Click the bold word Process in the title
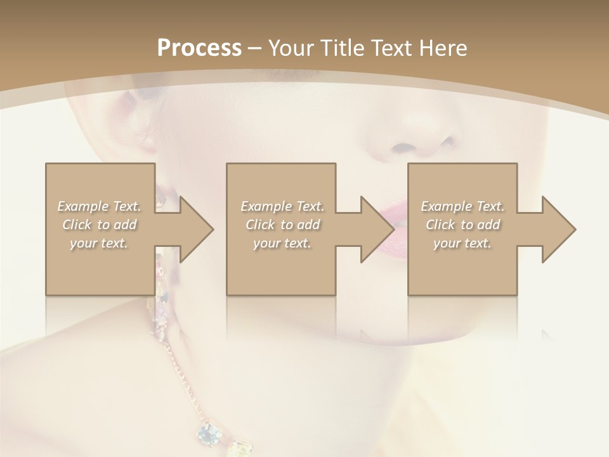199,48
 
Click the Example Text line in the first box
100,206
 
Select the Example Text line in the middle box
282,206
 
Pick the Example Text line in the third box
462,206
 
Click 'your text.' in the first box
98,243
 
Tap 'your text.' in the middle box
282,243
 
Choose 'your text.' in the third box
462,243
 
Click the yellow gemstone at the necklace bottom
240,448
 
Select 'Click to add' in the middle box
282,225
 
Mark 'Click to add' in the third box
462,225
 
